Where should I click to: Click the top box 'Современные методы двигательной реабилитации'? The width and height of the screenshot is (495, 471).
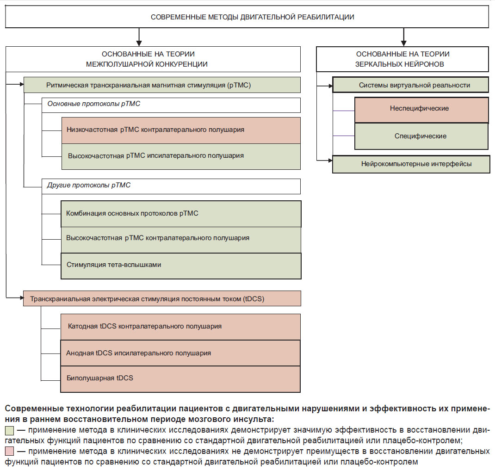pyautogui.click(x=247, y=17)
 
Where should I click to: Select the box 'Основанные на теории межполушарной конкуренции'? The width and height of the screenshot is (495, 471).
pyautogui.click(x=153, y=59)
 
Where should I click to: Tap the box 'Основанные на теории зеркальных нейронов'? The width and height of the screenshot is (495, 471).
pyautogui.click(x=402, y=59)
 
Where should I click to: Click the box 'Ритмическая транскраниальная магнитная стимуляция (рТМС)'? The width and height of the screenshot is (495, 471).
pyautogui.click(x=162, y=85)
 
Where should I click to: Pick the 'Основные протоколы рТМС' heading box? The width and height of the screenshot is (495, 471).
pyautogui.click(x=171, y=105)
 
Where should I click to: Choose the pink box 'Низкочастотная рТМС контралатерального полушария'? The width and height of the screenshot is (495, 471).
pyautogui.click(x=181, y=130)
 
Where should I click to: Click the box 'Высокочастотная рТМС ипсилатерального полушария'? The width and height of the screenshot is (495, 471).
pyautogui.click(x=181, y=156)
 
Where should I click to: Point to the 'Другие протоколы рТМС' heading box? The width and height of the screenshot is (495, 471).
pyautogui.click(x=171, y=186)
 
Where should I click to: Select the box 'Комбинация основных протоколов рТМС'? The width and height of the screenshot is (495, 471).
pyautogui.click(x=181, y=214)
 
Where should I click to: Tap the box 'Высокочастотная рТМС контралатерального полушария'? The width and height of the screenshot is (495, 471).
pyautogui.click(x=181, y=240)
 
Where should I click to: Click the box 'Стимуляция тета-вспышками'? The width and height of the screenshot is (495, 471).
pyautogui.click(x=181, y=266)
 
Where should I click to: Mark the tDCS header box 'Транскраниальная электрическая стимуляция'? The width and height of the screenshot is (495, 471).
pyautogui.click(x=162, y=298)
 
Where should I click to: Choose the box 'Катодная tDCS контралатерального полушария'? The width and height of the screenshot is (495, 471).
pyautogui.click(x=180, y=327)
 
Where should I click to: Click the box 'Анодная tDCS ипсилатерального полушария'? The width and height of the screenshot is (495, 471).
pyautogui.click(x=180, y=353)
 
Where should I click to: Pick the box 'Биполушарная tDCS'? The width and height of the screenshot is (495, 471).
pyautogui.click(x=180, y=379)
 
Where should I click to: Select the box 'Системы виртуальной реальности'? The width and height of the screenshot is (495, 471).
pyautogui.click(x=411, y=85)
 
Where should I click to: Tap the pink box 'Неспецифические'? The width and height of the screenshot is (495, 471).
pyautogui.click(x=421, y=110)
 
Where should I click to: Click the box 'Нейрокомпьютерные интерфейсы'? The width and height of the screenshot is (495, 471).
pyautogui.click(x=411, y=164)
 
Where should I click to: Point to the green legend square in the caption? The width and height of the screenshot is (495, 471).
pyautogui.click(x=9, y=431)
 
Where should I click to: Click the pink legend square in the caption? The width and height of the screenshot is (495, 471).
pyautogui.click(x=9, y=451)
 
